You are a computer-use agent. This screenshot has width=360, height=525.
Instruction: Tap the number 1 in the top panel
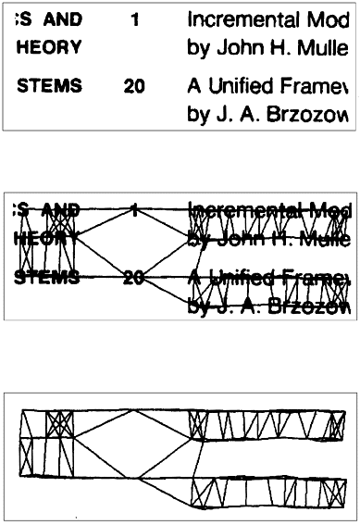[x=135, y=19]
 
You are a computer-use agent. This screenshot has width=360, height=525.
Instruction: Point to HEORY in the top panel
[x=48, y=45]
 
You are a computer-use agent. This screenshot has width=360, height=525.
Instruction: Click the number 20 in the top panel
[x=135, y=86]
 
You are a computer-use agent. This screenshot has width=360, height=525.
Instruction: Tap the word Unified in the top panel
[x=239, y=86]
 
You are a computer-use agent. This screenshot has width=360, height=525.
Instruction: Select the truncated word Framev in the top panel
[x=315, y=86]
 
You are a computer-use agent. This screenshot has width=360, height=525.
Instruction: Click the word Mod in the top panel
[x=334, y=19]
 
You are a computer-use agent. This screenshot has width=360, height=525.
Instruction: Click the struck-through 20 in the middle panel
[x=135, y=277]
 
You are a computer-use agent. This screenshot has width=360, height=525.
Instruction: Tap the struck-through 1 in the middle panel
[x=135, y=210]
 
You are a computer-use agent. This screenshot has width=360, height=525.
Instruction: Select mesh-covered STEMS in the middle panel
[x=49, y=277]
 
